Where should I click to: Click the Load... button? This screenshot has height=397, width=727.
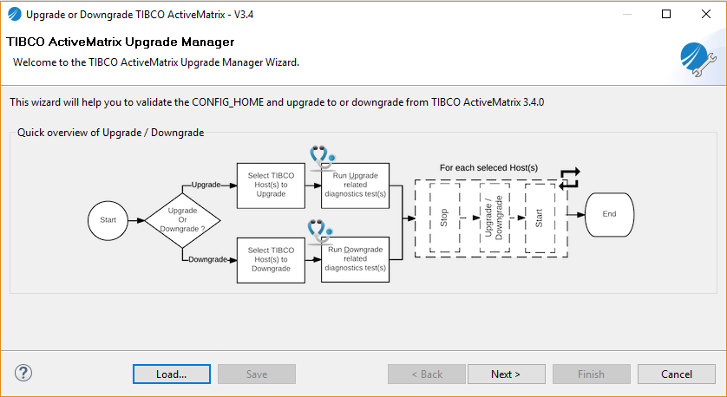171,374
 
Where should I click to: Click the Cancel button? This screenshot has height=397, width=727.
677,374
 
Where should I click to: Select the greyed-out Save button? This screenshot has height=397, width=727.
257,374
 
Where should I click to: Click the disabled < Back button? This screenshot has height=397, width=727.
426,374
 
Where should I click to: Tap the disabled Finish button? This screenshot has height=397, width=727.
591,374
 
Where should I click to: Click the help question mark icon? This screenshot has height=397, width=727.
23,373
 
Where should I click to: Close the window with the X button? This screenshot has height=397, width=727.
705,14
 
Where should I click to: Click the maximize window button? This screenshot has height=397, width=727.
666,14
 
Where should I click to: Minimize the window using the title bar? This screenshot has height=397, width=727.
626,14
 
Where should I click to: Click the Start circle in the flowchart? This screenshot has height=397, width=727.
108,220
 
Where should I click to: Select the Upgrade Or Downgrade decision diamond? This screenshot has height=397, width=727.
182,220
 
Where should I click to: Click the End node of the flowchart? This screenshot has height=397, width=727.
609,214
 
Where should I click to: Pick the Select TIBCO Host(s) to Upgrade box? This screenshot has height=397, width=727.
271,185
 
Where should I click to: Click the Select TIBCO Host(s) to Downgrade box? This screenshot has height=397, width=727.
271,259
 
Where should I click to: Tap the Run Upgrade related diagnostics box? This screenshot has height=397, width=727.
356,185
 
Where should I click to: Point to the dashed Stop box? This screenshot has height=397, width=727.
444,217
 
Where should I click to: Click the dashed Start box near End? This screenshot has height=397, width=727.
539,217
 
